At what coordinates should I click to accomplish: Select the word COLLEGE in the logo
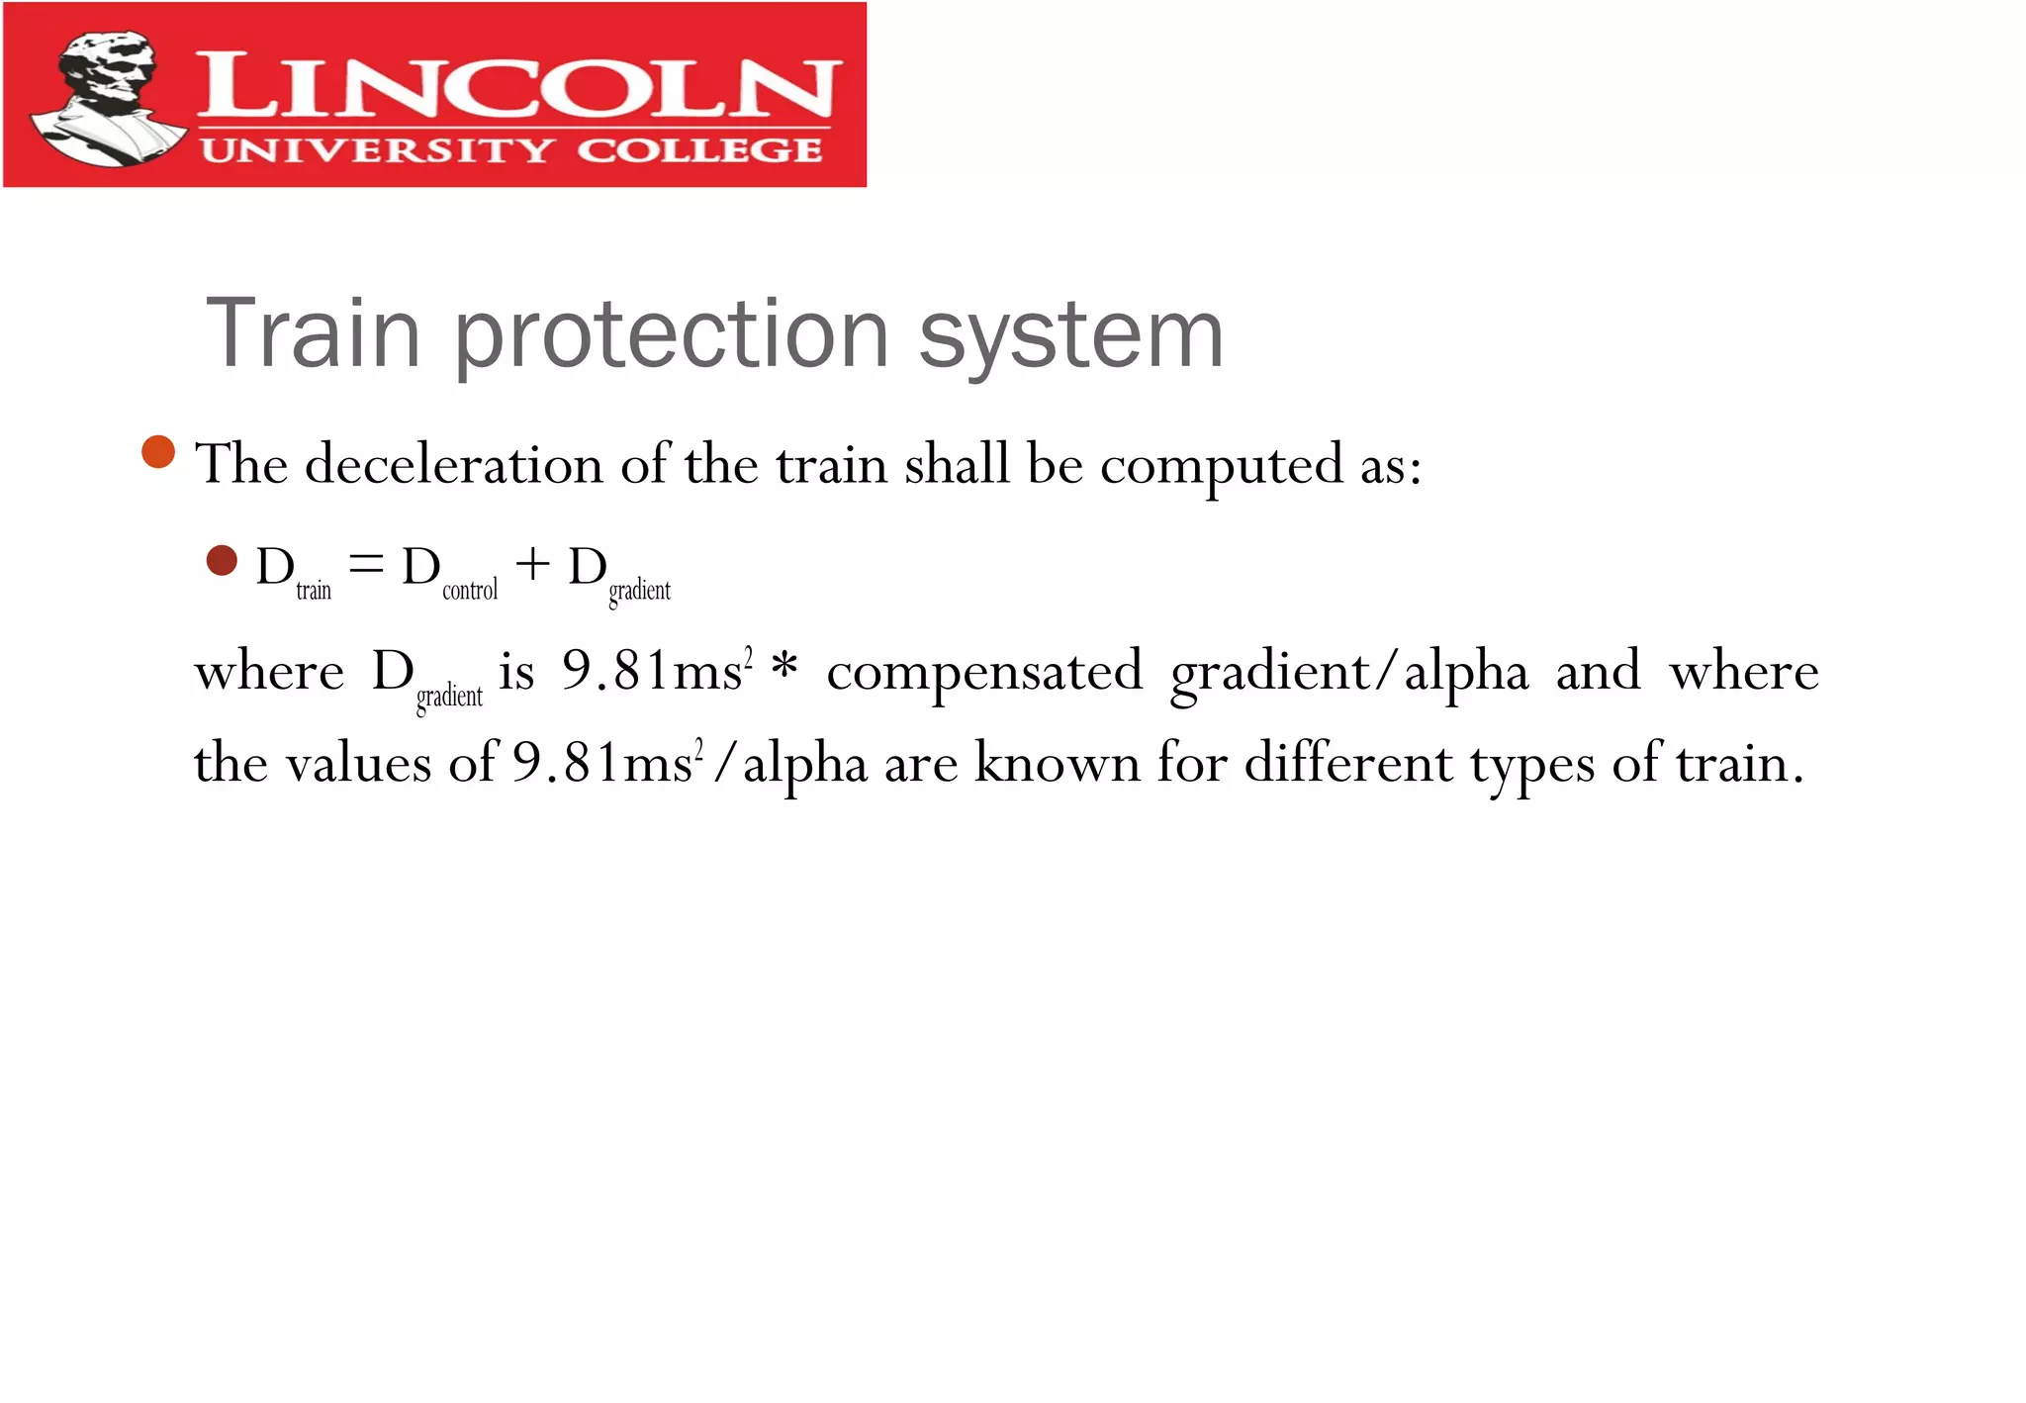coord(698,150)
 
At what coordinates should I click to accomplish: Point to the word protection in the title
coord(672,336)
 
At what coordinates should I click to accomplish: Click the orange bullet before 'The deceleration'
coord(158,452)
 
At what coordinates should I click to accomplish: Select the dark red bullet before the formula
coord(222,561)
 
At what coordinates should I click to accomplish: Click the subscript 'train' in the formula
coord(314,591)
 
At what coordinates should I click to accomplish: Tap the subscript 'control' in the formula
coord(470,591)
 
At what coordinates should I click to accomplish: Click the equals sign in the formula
coord(366,565)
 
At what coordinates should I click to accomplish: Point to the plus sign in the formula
coord(532,565)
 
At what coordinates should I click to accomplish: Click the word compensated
coord(984,673)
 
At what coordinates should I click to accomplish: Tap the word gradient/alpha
coord(1349,674)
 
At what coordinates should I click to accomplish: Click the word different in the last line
coord(1347,763)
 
